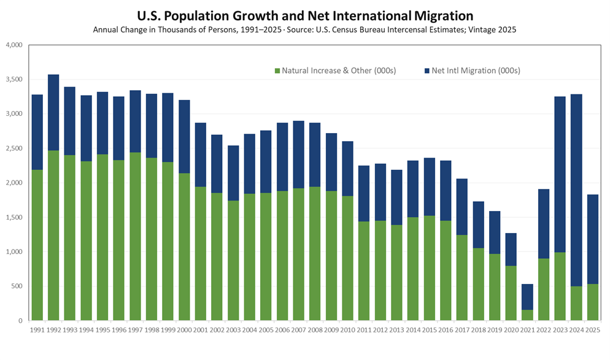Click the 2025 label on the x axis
tap(593, 331)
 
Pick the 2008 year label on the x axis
tap(315, 331)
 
